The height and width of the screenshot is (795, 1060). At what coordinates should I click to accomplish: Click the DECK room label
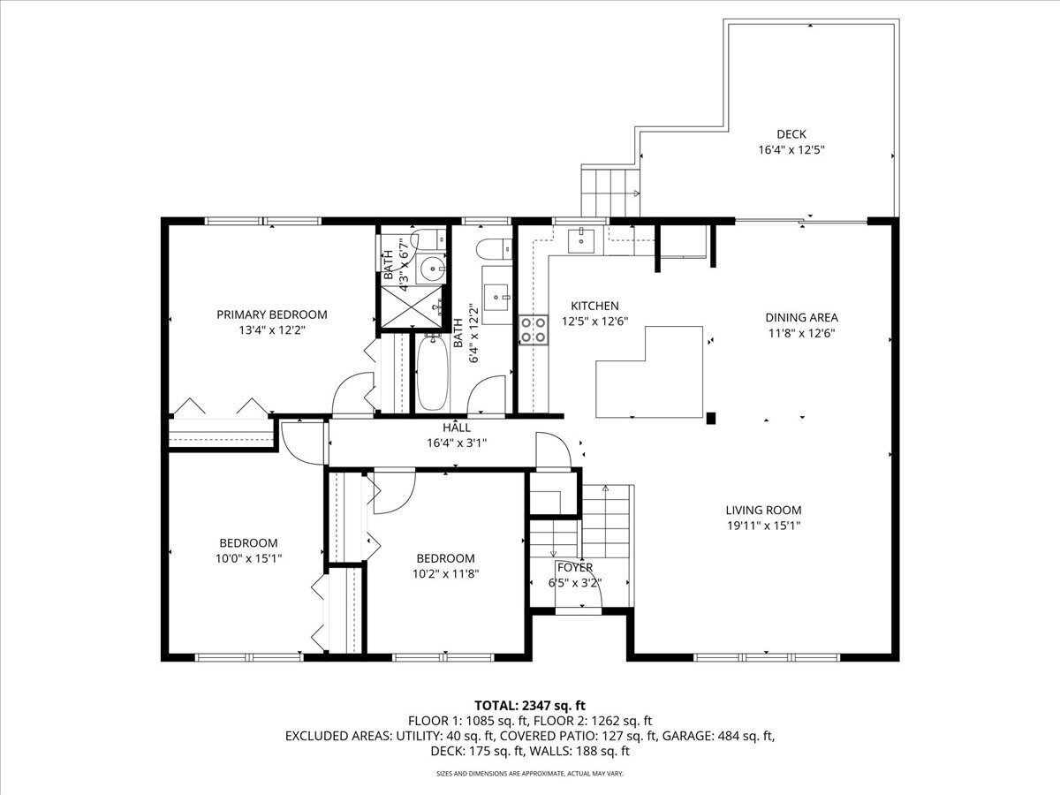click(x=791, y=133)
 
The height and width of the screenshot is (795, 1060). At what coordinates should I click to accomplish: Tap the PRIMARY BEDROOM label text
click(x=272, y=314)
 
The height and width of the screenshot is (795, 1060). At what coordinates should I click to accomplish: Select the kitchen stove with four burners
click(x=534, y=330)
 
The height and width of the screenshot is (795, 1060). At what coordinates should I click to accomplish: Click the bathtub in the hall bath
click(x=432, y=374)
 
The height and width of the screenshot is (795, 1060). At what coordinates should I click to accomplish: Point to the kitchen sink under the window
click(x=581, y=240)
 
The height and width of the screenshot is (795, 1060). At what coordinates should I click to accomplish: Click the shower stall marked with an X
click(x=412, y=307)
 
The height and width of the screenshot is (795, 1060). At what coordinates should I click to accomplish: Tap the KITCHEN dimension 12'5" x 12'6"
click(x=595, y=321)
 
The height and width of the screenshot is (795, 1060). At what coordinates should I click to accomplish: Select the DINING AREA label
click(x=802, y=318)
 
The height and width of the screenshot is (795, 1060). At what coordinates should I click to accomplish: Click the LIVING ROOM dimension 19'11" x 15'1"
click(x=764, y=526)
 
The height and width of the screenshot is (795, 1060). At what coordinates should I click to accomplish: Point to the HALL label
click(x=457, y=428)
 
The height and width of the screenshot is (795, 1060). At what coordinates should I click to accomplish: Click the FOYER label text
click(x=575, y=567)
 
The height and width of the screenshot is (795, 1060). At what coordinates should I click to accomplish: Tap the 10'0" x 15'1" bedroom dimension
click(x=249, y=558)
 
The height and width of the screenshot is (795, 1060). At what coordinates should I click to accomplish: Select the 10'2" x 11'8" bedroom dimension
click(x=445, y=574)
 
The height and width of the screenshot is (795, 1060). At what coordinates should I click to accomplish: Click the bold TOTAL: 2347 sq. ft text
click(x=530, y=706)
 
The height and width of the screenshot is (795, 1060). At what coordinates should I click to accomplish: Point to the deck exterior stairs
click(x=609, y=191)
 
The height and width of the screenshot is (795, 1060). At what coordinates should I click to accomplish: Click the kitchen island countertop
click(x=649, y=372)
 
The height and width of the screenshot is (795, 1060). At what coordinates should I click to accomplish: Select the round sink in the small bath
click(x=432, y=267)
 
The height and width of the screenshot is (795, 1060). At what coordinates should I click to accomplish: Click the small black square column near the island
click(x=711, y=418)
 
